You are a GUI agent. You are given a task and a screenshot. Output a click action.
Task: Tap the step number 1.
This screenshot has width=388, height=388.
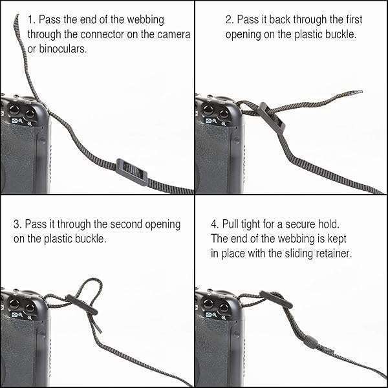click(x=30, y=20)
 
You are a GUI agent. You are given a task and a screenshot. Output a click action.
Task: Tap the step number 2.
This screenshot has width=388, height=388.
click(x=228, y=20)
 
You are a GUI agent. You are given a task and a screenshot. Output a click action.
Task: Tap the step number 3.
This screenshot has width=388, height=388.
click(x=17, y=224)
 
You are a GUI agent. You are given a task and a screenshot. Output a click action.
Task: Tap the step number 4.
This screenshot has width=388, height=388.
click(x=214, y=224)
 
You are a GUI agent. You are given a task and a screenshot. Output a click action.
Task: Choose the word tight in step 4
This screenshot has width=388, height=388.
click(x=248, y=224)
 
